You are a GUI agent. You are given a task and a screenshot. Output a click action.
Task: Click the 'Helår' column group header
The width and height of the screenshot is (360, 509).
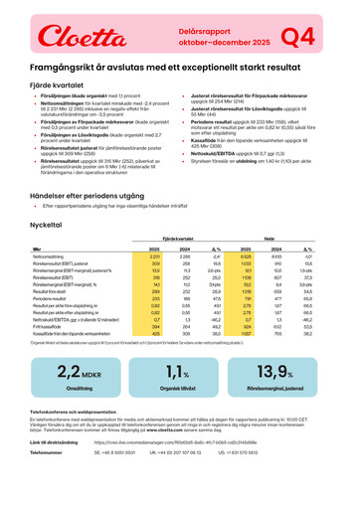pos(267,211)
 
